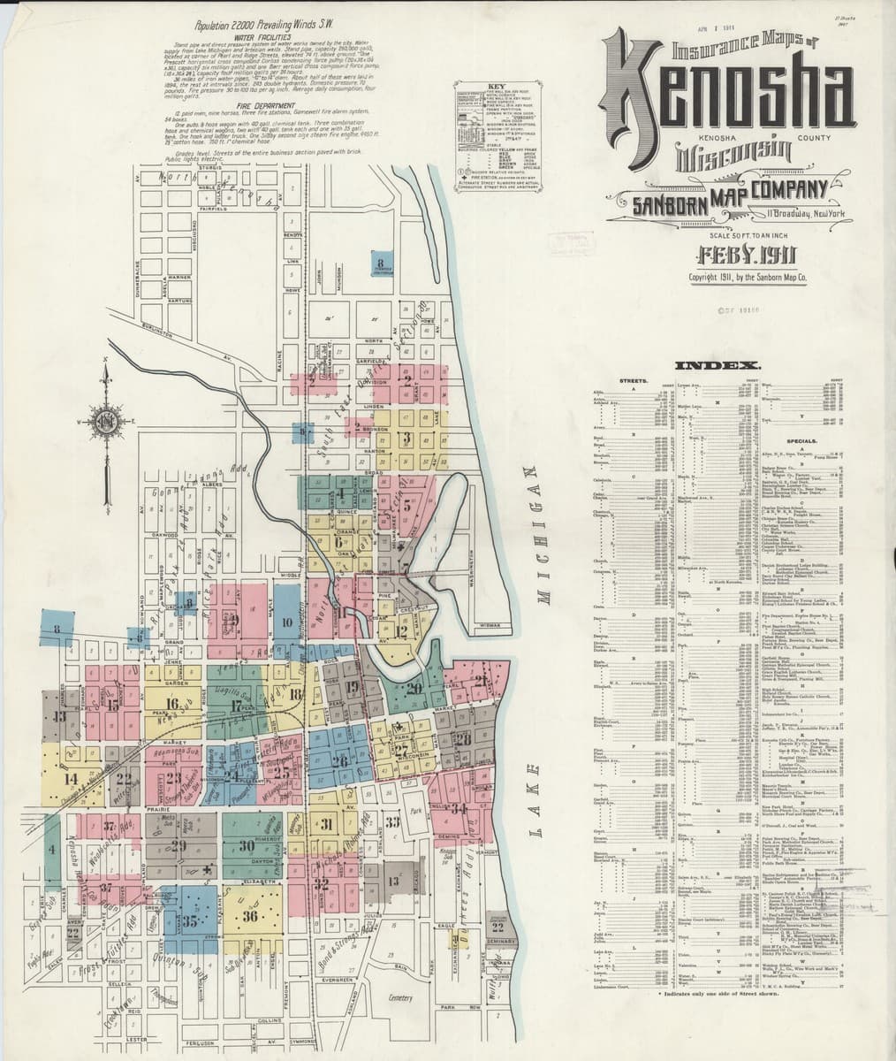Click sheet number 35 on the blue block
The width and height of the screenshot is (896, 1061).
(x=189, y=920)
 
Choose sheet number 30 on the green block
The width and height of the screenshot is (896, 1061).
(x=247, y=845)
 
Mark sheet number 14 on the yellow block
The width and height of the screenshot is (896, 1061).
(x=71, y=778)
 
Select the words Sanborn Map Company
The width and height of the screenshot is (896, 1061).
(x=731, y=196)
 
